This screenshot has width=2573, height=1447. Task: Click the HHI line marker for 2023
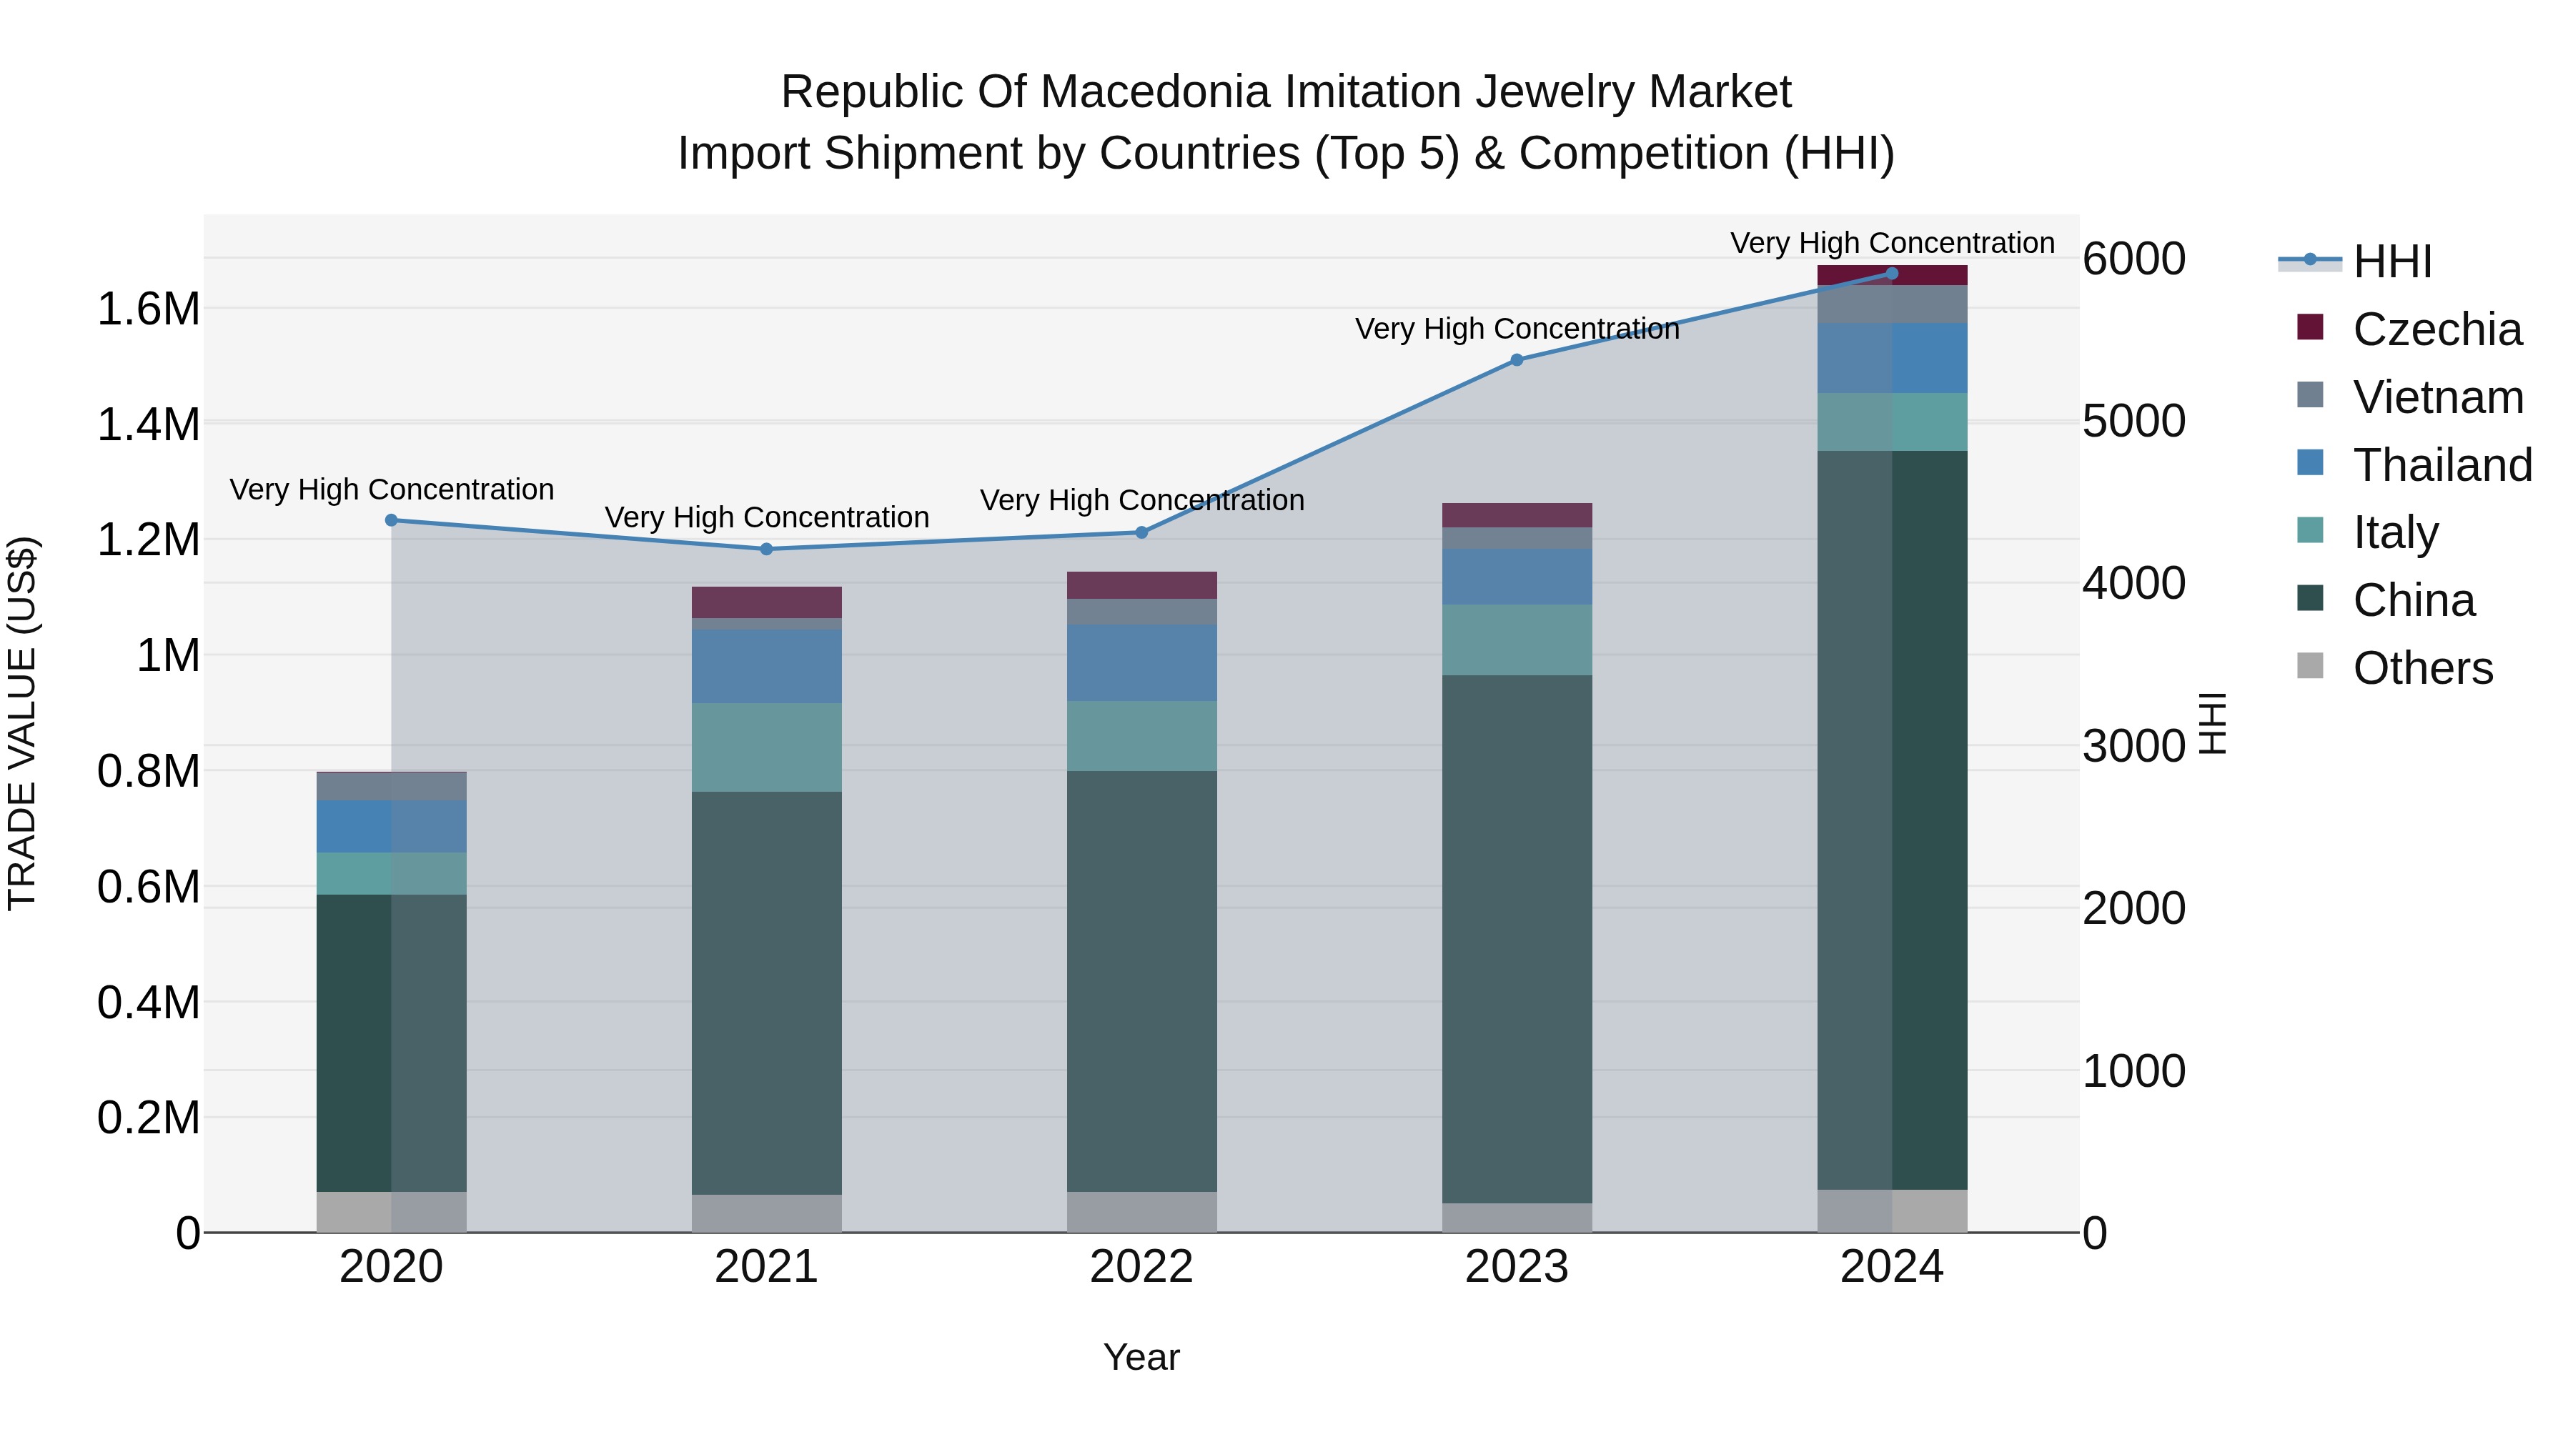1516,359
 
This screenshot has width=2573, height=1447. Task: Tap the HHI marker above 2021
766,548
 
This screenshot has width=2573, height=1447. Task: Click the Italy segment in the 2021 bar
766,747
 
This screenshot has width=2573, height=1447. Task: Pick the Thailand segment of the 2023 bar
1516,575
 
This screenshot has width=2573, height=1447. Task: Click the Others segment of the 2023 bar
1516,1218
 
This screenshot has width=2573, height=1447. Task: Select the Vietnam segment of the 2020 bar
392,786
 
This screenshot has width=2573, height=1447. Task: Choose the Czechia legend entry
2436,329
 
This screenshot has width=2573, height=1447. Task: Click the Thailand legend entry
2441,464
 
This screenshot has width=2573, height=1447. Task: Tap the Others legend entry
2422,667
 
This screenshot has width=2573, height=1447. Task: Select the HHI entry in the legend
2391,262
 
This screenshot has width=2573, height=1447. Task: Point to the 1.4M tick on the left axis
148,424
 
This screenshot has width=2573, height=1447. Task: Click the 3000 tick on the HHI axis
2133,746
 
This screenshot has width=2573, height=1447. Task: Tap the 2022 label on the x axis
1141,1266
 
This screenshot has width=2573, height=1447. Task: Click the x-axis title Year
1141,1357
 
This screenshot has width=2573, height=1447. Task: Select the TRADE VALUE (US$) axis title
22,723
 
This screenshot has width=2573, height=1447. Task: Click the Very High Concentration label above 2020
392,489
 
